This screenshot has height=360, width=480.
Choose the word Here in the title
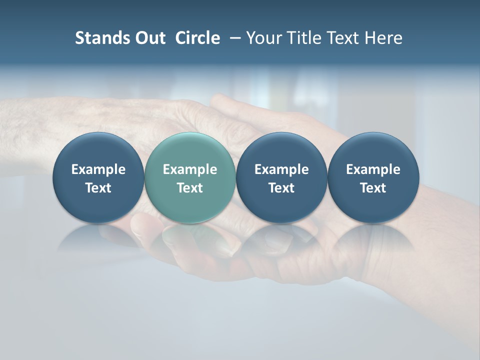[x=382, y=38]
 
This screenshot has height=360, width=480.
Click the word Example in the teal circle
[x=190, y=169]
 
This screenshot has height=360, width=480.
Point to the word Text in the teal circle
[x=190, y=188]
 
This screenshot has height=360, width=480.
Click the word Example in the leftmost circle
[x=98, y=169]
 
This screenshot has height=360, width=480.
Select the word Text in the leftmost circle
[x=98, y=188]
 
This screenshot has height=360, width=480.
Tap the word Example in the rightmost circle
[x=373, y=169]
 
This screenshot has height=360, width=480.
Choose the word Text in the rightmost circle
[x=373, y=188]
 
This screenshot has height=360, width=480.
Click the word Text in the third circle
[x=281, y=188]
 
